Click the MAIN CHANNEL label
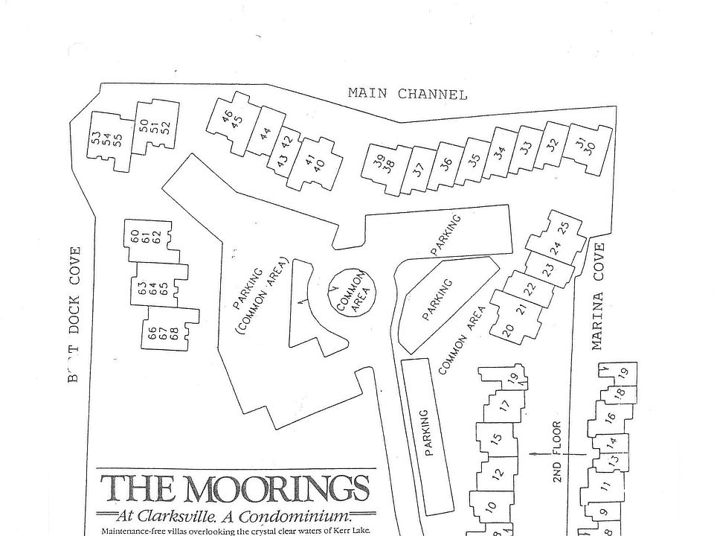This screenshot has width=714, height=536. click(x=408, y=95)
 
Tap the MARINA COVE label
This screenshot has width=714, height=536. click(x=598, y=296)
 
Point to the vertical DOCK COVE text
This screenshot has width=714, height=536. click(x=75, y=299)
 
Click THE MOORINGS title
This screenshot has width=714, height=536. click(x=235, y=490)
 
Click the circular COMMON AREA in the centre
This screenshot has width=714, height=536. click(x=351, y=292)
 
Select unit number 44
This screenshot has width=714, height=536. click(x=265, y=134)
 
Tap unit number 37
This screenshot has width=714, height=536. click(x=418, y=169)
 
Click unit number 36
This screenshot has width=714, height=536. click(x=446, y=165)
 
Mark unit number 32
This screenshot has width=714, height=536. click(x=552, y=144)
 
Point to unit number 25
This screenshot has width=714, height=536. click(x=563, y=227)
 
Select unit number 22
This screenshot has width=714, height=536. click(x=530, y=289)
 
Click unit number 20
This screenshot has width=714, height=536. click(x=508, y=331)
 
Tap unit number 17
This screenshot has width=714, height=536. click(x=504, y=406)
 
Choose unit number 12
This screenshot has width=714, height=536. click(x=498, y=472)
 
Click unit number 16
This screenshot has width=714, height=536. click(x=610, y=418)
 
